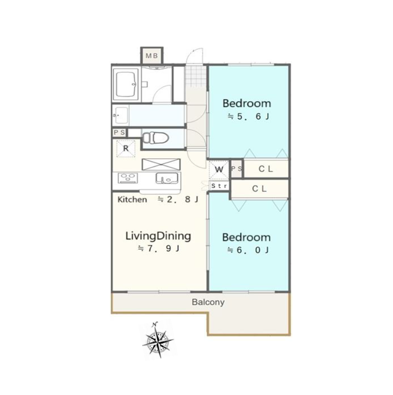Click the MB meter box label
click(152, 56)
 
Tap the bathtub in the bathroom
click(126, 84)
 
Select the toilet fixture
click(156, 138)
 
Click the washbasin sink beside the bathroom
click(120, 116)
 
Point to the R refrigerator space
click(126, 149)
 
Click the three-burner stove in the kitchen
click(128, 178)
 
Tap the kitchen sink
click(166, 178)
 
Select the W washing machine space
click(219, 169)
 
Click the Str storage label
click(219, 186)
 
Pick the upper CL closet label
click(266, 169)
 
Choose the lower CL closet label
click(259, 189)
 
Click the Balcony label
click(208, 302)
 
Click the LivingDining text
click(158, 237)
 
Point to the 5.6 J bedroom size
click(249, 117)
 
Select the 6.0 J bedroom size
click(248, 250)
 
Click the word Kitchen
click(132, 199)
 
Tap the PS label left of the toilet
click(119, 132)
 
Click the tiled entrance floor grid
click(196, 76)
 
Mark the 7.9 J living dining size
click(158, 249)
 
